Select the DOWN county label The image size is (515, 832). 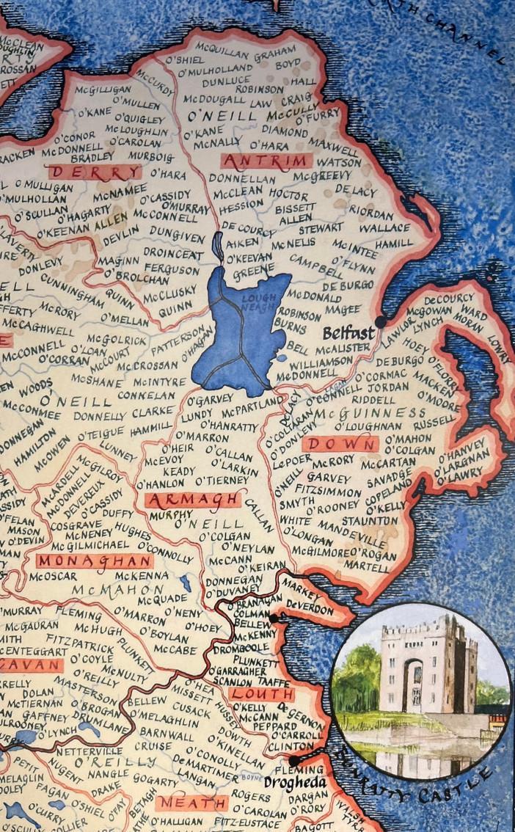pyautogui.click(x=340, y=444)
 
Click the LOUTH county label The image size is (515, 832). pyautogui.click(x=261, y=694)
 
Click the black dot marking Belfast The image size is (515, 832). pyautogui.click(x=380, y=321)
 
